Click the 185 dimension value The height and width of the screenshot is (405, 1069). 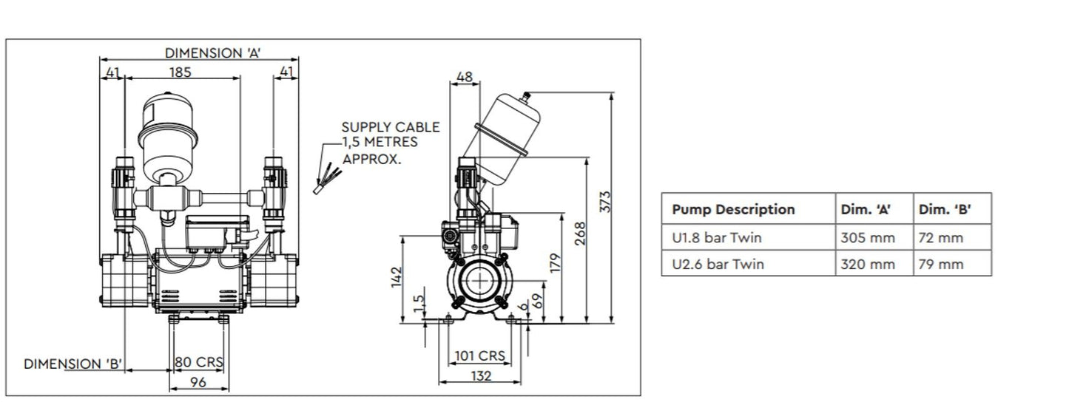coord(181,72)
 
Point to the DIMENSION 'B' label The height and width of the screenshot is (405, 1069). coord(73,364)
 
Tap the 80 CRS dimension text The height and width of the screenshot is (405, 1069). coord(199,364)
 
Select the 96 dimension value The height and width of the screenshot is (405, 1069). coord(198,382)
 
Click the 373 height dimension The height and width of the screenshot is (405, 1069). coord(605,202)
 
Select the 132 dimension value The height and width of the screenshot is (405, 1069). coord(481,376)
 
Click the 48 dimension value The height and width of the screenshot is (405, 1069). coord(465,77)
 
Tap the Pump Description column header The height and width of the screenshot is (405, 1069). coord(733,210)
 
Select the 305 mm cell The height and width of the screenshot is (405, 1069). coord(868,238)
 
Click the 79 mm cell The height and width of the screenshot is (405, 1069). coord(941,264)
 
